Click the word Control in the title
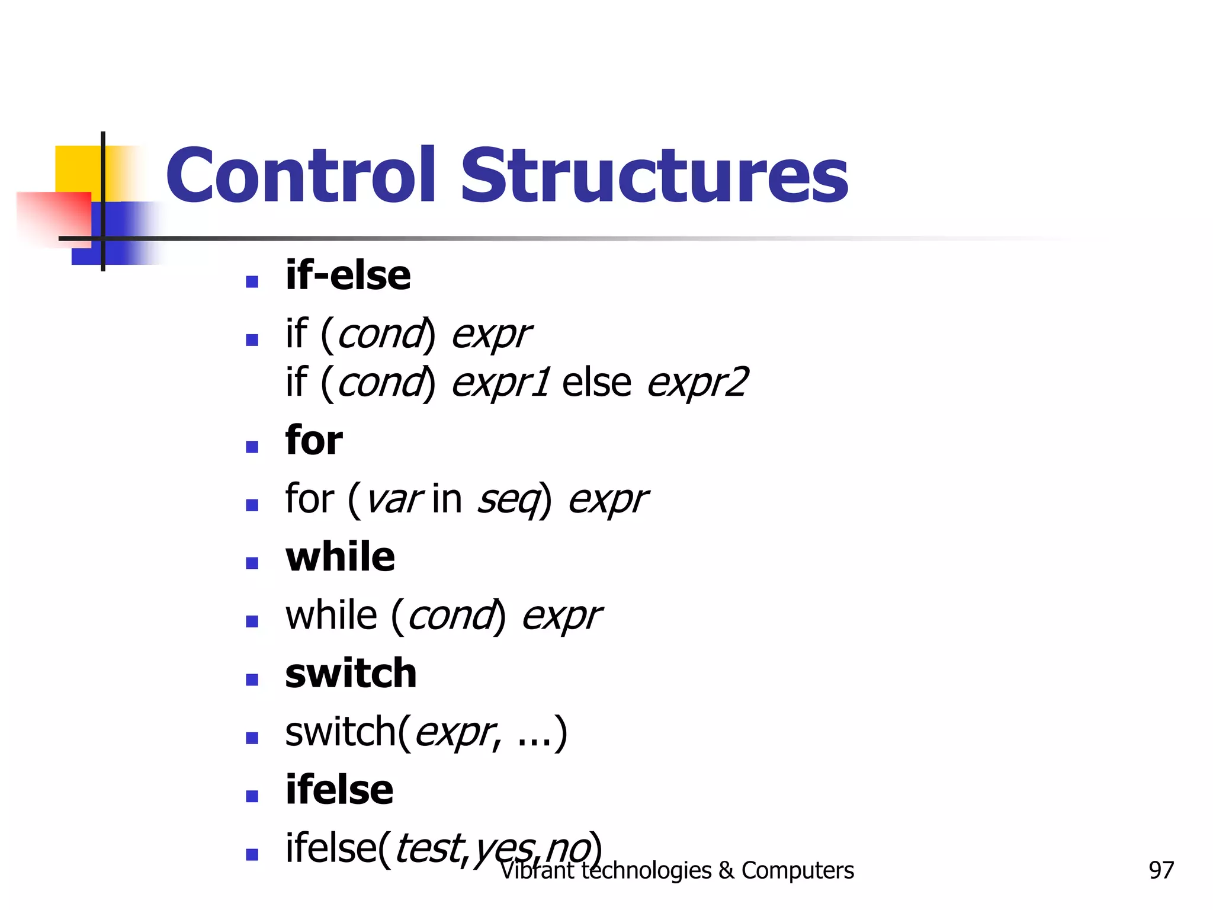[300, 175]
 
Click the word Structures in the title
[654, 175]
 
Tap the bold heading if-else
[348, 275]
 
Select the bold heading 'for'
[314, 440]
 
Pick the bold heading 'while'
[340, 557]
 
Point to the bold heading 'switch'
[351, 674]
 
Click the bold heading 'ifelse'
[339, 790]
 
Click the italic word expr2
[697, 383]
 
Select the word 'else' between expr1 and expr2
[596, 382]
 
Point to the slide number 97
[1161, 870]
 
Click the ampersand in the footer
[726, 870]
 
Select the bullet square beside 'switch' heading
[252, 680]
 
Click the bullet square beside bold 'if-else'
[252, 281]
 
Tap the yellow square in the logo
[77, 169]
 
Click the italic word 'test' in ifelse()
[427, 848]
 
